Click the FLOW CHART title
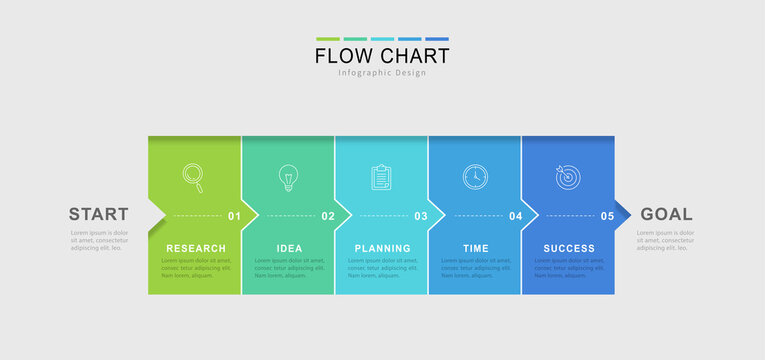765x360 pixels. click(x=382, y=56)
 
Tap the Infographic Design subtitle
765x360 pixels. click(x=382, y=73)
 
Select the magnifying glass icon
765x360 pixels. click(x=194, y=177)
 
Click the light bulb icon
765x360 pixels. click(x=288, y=177)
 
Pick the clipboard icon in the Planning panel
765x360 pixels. click(x=381, y=177)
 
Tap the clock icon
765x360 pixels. click(x=475, y=177)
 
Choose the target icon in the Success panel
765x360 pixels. click(x=567, y=177)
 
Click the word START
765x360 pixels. click(x=98, y=214)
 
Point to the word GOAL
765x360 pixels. click(x=666, y=214)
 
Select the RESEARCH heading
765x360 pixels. click(x=196, y=248)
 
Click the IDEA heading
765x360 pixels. click(x=289, y=248)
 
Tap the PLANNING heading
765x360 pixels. click(x=382, y=248)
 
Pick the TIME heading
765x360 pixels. click(x=476, y=248)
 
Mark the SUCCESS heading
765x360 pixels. click(x=569, y=248)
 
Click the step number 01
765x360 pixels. click(x=234, y=216)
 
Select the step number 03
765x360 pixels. click(x=421, y=216)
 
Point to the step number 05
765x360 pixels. click(x=607, y=216)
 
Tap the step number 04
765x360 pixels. click(x=515, y=216)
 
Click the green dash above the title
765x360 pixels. click(x=327, y=39)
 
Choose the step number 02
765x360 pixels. click(x=328, y=216)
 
